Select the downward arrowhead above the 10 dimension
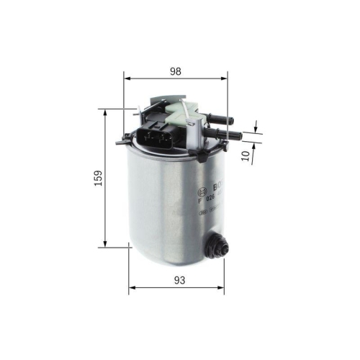click(256, 130)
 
